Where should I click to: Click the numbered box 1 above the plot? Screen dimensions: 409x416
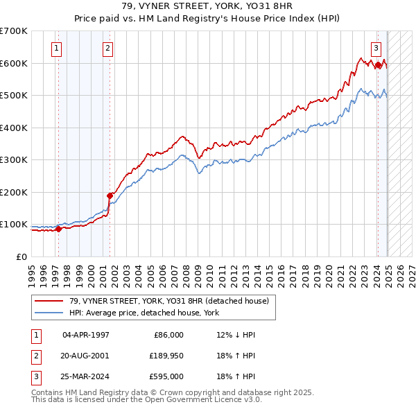pyautogui.click(x=55, y=49)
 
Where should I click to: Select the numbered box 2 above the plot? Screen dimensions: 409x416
pyautogui.click(x=108, y=49)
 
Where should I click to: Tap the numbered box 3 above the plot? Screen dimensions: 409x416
pyautogui.click(x=375, y=49)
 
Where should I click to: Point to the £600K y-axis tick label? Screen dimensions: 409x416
pyautogui.click(x=14, y=63)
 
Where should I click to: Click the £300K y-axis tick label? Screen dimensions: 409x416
pyautogui.click(x=14, y=159)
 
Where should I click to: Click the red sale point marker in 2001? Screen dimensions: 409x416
pyautogui.click(x=110, y=195)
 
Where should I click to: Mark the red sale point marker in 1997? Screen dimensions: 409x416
pyautogui.click(x=58, y=229)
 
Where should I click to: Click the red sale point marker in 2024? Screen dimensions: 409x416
pyautogui.click(x=378, y=65)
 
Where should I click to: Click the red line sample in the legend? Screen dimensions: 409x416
pyautogui.click(x=49, y=300)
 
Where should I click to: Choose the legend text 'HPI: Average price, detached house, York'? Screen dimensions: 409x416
pyautogui.click(x=144, y=313)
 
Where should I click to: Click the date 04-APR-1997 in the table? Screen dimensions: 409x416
pyautogui.click(x=85, y=335)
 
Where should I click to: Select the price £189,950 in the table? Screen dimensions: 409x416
pyautogui.click(x=164, y=356)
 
